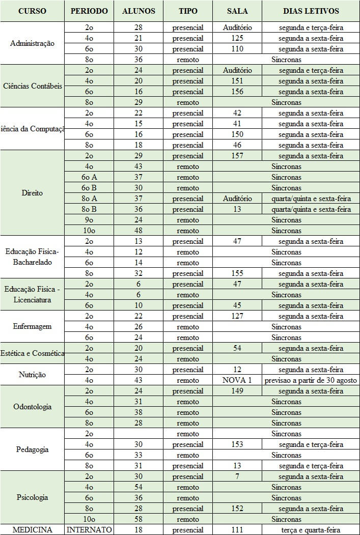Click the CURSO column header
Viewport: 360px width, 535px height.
tap(32, 11)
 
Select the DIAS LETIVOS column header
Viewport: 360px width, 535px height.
tap(311, 11)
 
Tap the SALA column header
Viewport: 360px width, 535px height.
tap(237, 11)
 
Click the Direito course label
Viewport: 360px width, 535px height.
tap(32, 193)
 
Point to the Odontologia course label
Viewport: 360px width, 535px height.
tap(32, 407)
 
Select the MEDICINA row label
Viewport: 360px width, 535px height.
tap(32, 530)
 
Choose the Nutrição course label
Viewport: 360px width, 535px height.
tap(32, 375)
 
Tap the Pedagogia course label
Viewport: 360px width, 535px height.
tap(32, 450)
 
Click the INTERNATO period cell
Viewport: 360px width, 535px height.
tap(89, 530)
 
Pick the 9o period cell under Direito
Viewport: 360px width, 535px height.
tap(89, 220)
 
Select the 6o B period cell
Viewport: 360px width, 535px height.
tap(89, 188)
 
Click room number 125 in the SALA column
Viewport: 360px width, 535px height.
tap(237, 38)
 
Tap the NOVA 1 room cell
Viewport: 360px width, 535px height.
tap(237, 380)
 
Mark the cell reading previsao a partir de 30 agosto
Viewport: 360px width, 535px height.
tap(311, 380)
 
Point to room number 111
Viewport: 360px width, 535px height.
tap(237, 530)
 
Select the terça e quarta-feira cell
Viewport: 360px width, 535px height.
tap(311, 530)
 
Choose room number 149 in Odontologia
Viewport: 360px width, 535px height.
tap(237, 391)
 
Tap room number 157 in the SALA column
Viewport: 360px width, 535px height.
tap(237, 156)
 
